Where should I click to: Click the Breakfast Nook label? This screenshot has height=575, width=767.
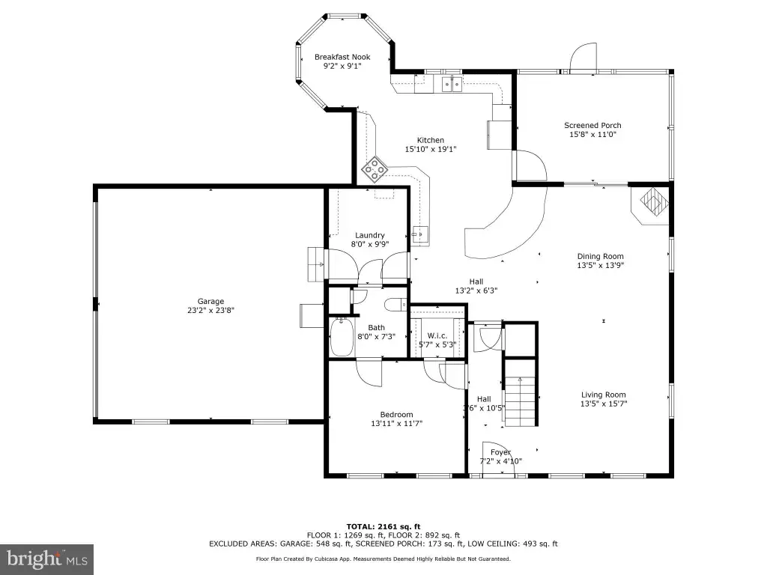[x=342, y=57]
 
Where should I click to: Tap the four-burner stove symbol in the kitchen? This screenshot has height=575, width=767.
[x=375, y=169]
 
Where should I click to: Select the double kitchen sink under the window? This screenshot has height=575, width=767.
[x=452, y=85]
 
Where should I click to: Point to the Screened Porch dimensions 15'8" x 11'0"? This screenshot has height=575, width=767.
[x=593, y=135]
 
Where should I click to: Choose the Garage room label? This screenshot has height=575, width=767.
[x=210, y=301]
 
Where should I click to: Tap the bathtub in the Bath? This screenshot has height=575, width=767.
[x=342, y=337]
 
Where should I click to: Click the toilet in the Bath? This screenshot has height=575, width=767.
[x=396, y=305]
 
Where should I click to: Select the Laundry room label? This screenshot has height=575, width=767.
[x=370, y=235]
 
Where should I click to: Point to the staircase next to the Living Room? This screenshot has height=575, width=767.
[x=521, y=393]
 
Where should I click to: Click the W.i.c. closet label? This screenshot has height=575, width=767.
[x=437, y=335]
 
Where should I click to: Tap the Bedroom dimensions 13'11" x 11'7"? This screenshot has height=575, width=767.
[x=397, y=424]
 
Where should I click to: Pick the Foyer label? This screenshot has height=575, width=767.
[x=500, y=452]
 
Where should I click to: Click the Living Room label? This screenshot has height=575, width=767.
[x=604, y=395]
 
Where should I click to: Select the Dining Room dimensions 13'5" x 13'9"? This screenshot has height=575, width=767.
[x=601, y=265]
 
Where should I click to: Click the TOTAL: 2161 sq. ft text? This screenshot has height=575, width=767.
[x=383, y=526]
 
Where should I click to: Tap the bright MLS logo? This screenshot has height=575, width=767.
[x=47, y=559]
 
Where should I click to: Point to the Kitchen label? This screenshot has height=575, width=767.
[x=431, y=140]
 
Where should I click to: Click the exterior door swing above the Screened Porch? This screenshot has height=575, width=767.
[x=583, y=58]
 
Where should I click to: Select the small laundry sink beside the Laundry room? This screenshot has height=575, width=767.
[x=420, y=234]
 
